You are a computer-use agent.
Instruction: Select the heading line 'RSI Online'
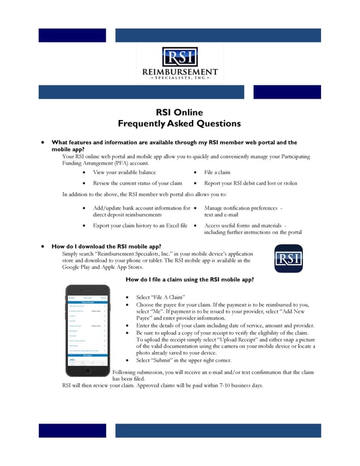coord(179,112)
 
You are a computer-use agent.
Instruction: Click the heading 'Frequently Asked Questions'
coord(179,124)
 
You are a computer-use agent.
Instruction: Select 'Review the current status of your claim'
coord(137,183)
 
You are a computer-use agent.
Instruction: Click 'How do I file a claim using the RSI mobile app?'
coord(190,280)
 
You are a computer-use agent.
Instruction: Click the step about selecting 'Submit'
coord(184,360)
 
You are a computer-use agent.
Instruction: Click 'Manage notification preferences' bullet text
coord(240,208)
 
